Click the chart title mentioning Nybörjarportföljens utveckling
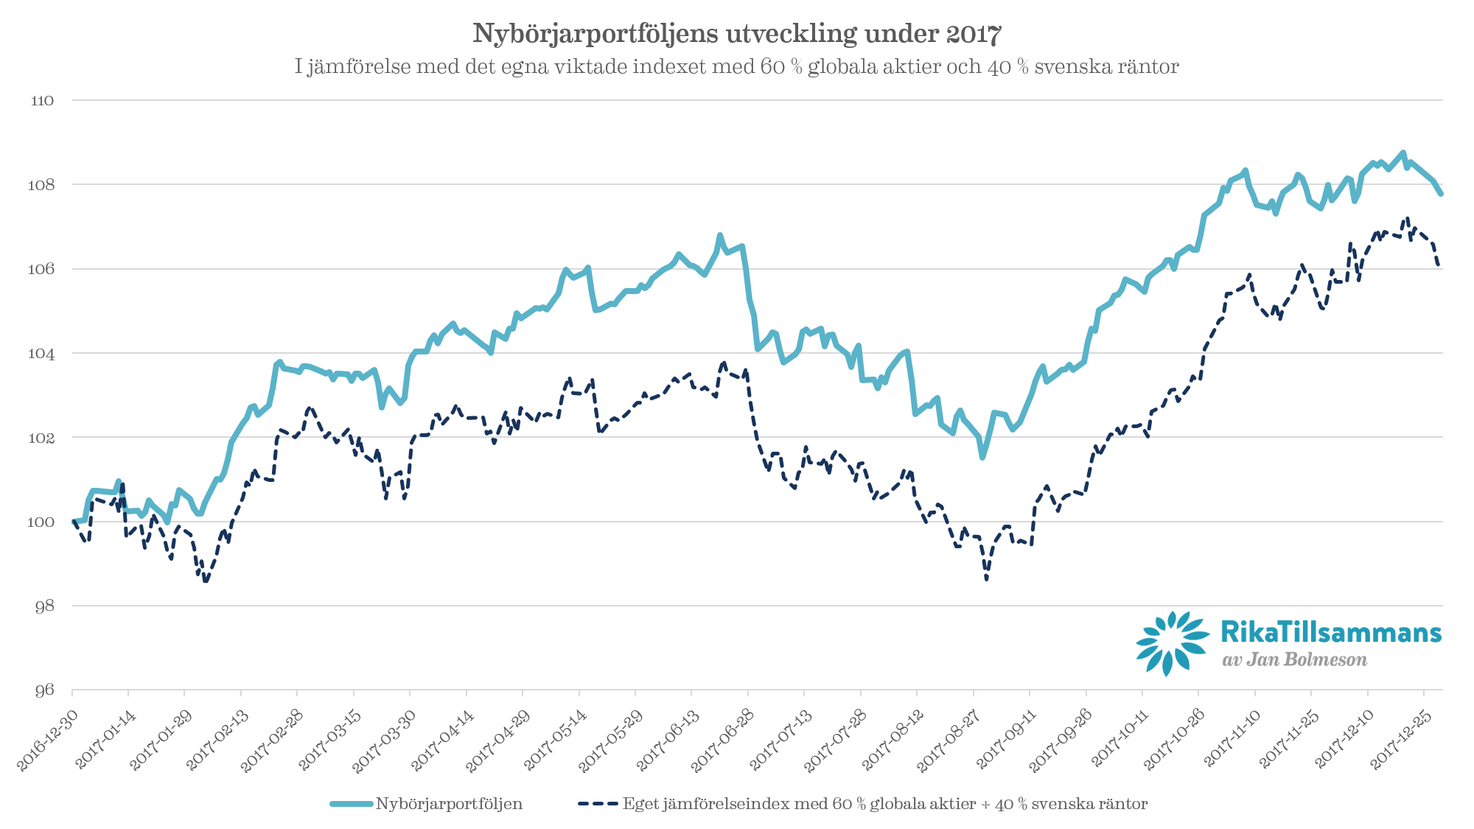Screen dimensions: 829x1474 736,34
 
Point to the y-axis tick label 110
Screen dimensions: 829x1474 42,101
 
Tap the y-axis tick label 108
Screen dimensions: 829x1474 42,185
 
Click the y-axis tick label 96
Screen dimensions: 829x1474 44,690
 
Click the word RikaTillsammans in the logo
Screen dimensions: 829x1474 1330,632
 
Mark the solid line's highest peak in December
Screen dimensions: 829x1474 1403,152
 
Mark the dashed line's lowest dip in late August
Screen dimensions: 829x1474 986,578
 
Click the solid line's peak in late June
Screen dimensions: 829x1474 719,235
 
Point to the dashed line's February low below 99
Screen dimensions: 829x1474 206,582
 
